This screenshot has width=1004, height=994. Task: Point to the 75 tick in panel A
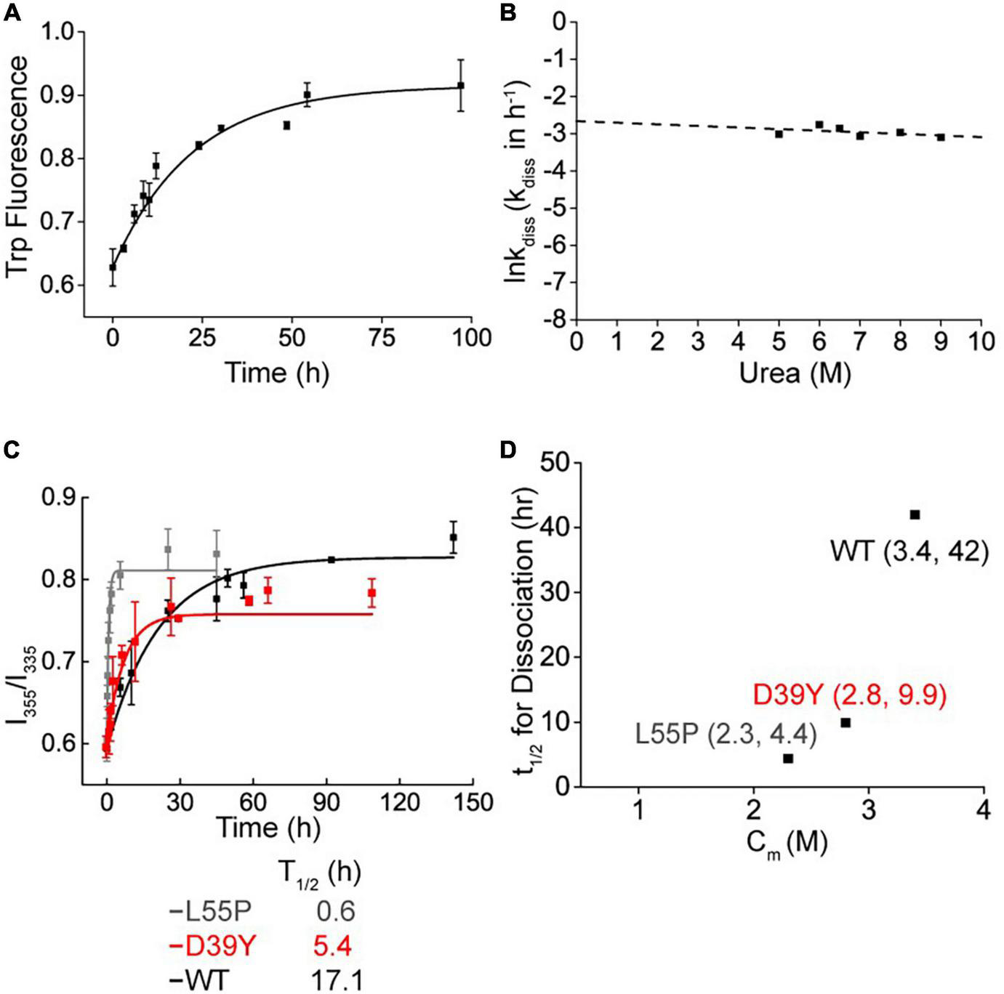(x=382, y=338)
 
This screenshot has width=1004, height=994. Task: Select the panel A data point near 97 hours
(x=461, y=85)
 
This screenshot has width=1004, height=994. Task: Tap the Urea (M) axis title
(x=795, y=373)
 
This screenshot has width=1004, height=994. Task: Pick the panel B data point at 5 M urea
(x=779, y=134)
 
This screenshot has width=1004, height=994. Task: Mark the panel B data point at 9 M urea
(x=941, y=137)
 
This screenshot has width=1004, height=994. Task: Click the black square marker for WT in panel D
(x=915, y=514)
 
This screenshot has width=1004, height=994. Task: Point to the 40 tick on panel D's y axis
(x=555, y=528)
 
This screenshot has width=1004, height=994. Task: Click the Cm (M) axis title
(x=787, y=844)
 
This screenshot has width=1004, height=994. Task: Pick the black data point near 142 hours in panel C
(x=453, y=537)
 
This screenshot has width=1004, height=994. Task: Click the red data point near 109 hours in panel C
(x=372, y=593)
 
